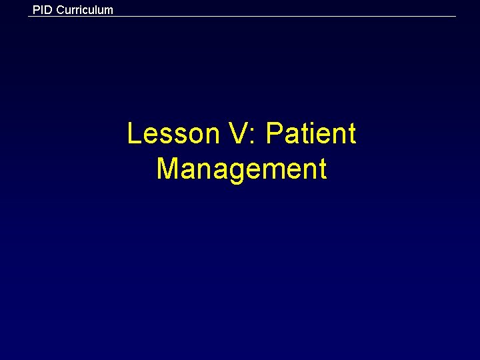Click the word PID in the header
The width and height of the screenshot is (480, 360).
[x=42, y=9]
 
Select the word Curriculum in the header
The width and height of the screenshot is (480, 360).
[x=84, y=10]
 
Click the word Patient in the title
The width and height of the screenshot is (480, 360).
[x=311, y=134]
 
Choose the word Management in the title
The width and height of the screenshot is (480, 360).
[x=241, y=169]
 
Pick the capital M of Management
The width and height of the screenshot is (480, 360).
[x=167, y=169]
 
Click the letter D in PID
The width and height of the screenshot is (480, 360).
[x=48, y=9]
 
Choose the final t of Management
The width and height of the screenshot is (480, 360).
[x=323, y=169]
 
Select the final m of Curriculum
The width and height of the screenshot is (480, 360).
[x=109, y=11]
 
